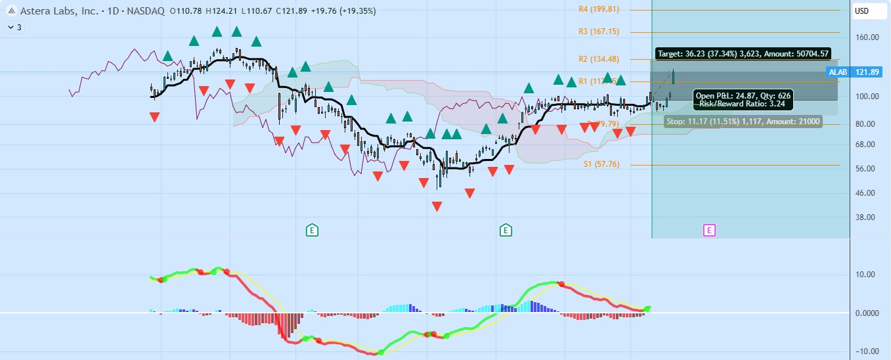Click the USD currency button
[861, 11]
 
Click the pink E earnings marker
[709, 230]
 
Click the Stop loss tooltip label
[743, 121]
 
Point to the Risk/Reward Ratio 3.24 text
[743, 104]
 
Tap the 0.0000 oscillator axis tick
[865, 313]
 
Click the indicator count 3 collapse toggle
[14, 28]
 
